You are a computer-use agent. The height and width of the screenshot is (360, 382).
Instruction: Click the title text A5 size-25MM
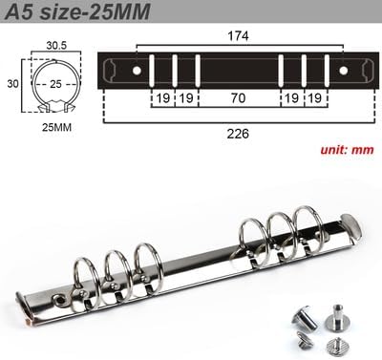[77, 11]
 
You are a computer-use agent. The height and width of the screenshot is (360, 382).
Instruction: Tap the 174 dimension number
[238, 36]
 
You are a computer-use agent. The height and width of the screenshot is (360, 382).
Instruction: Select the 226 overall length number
[238, 134]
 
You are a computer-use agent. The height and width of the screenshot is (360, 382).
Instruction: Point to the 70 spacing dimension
[238, 98]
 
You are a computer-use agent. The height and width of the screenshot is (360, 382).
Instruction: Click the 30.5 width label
[56, 46]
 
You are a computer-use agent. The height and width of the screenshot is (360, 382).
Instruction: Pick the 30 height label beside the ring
[13, 84]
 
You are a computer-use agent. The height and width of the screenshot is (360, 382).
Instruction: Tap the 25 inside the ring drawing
[55, 84]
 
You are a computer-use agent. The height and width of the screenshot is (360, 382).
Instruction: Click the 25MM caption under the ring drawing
[56, 128]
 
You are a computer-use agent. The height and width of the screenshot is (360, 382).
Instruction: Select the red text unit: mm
[348, 150]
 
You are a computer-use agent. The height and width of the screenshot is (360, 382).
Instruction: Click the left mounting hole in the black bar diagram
[137, 71]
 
